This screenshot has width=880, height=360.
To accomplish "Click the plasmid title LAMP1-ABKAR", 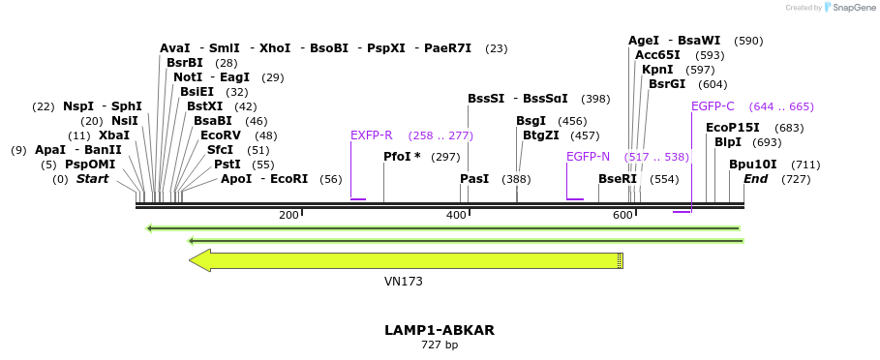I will (x=440, y=330).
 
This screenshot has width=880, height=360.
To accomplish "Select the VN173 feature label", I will (x=404, y=282).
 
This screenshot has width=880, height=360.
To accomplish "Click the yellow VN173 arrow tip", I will (x=194, y=259).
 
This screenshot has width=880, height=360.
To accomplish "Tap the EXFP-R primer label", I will (x=372, y=135).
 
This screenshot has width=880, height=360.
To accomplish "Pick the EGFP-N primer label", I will (x=588, y=156).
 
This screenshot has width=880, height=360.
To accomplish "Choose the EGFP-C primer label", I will (x=713, y=106).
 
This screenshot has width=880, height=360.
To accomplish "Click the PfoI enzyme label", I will (x=402, y=156).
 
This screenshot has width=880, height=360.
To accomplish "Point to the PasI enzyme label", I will (x=474, y=179).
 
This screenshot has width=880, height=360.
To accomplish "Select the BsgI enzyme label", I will (x=531, y=121).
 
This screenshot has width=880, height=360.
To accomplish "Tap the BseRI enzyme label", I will (x=618, y=179).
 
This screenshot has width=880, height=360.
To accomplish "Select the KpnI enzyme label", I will (x=657, y=70).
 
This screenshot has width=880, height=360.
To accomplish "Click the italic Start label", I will (x=93, y=179).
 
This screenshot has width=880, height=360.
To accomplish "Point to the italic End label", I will (x=755, y=179).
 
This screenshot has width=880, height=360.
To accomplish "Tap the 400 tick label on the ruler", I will (x=455, y=215).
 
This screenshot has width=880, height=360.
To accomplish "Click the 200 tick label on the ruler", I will (x=288, y=215).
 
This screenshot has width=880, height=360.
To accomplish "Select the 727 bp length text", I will (x=440, y=345).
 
